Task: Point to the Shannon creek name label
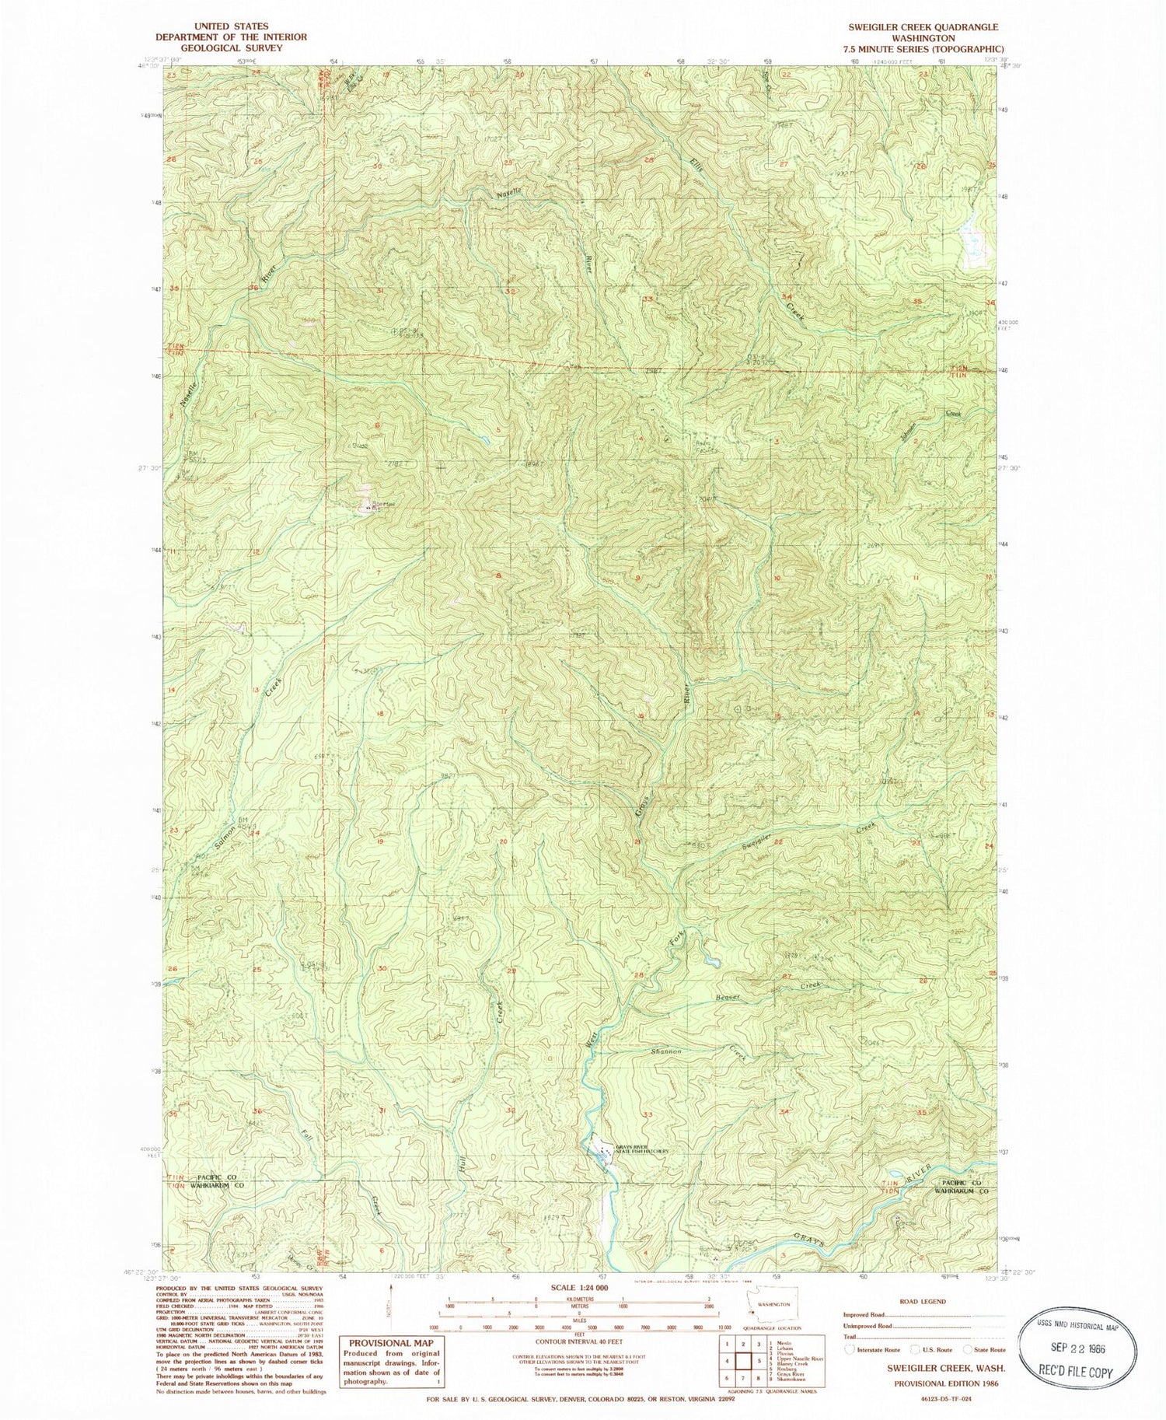[666, 1051]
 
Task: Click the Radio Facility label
[699, 448]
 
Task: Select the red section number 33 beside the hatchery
[648, 1114]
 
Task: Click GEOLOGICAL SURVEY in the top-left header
[220, 47]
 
